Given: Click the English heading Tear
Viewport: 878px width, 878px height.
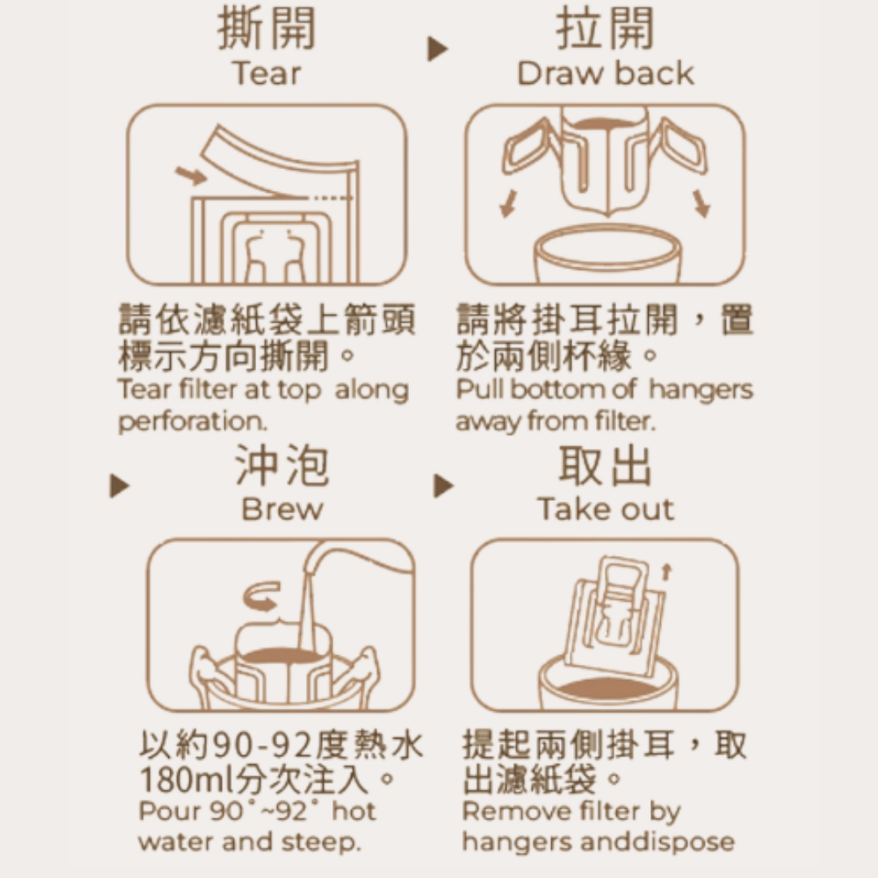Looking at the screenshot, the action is [267, 74].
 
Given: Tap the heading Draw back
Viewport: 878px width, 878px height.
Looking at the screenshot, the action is [606, 73].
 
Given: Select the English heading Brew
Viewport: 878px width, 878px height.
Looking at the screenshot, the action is [282, 509].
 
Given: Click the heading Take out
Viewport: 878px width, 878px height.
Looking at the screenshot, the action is [606, 509].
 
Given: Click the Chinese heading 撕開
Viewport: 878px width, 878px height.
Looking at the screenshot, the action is [267, 28].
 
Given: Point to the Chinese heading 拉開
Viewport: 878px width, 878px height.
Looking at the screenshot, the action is [606, 28].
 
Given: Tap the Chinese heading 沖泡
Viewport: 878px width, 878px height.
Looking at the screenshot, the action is [282, 465].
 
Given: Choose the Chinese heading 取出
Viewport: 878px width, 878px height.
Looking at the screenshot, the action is [606, 465].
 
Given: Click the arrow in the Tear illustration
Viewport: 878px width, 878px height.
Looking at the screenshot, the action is [191, 176].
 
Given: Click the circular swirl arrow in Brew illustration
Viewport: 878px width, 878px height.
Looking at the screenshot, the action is [262, 596].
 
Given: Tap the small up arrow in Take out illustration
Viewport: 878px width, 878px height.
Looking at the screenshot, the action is [666, 572].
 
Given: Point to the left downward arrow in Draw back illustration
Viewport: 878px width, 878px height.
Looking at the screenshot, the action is [508, 203].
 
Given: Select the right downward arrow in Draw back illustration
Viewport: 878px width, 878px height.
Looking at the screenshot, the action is [701, 203].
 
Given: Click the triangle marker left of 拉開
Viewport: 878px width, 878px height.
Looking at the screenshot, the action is [437, 49].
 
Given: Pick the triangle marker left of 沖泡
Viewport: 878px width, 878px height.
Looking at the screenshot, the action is [120, 485].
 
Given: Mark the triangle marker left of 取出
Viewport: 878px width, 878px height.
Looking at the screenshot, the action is [444, 485].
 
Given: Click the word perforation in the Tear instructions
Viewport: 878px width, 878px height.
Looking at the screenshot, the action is [193, 422].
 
